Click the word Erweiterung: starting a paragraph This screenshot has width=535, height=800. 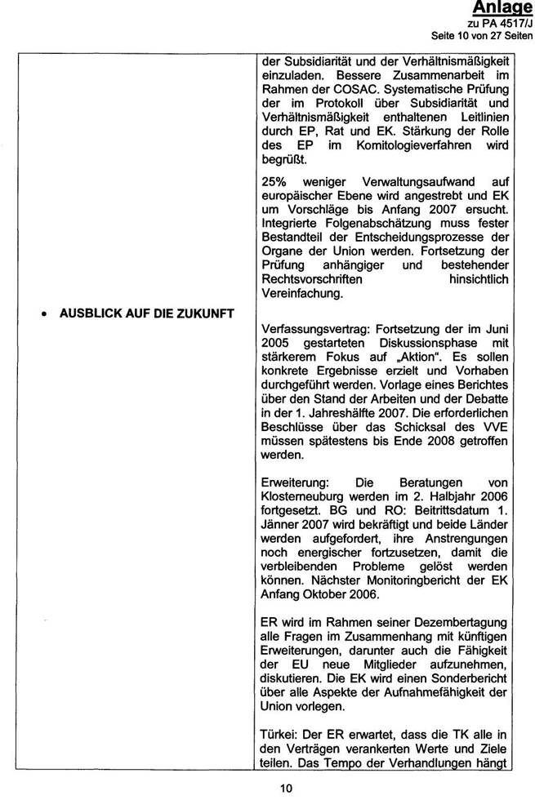coord(292,482)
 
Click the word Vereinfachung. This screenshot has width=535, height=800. coord(301,295)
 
